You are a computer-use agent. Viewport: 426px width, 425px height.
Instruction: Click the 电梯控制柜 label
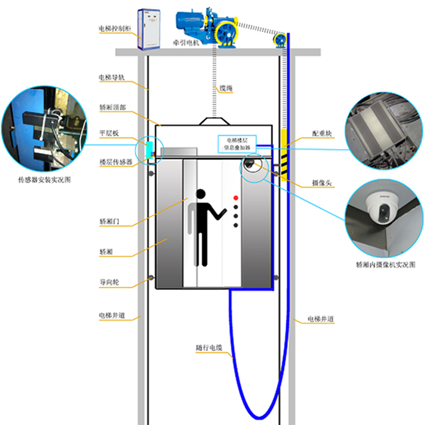113,29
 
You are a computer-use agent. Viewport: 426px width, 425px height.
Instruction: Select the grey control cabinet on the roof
150,29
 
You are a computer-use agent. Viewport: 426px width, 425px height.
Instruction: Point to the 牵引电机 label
185,44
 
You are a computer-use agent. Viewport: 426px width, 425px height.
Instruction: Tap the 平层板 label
108,132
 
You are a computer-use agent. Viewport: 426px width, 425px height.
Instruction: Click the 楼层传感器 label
116,162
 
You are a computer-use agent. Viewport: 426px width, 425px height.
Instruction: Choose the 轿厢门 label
109,221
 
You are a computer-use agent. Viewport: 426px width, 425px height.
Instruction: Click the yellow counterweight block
283,154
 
